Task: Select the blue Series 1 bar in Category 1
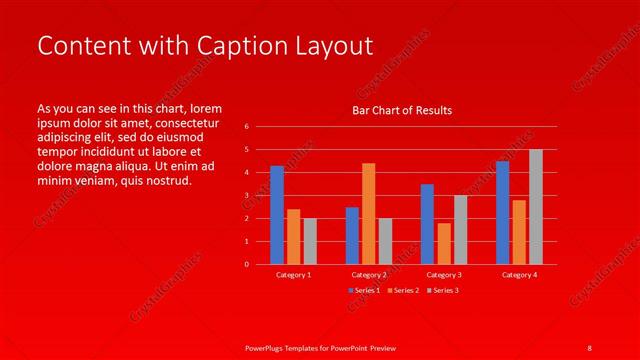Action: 277,215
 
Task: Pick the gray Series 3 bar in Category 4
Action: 536,207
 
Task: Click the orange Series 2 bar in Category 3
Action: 444,243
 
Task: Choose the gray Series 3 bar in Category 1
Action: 310,241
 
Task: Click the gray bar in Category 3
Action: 460,229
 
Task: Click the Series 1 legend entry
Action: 362,290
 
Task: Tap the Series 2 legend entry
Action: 403,290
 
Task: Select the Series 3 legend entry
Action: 444,290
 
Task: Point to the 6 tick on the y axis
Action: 246,127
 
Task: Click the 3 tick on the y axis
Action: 246,195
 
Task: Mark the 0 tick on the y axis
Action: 246,264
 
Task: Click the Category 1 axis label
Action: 293,274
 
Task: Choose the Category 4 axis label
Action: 519,274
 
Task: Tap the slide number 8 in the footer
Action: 589,347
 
